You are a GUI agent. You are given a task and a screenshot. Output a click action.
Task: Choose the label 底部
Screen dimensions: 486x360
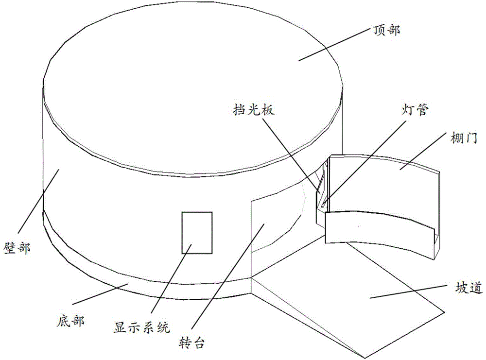point(71,321)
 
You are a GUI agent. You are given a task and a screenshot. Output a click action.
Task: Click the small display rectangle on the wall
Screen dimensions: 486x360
point(197,232)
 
